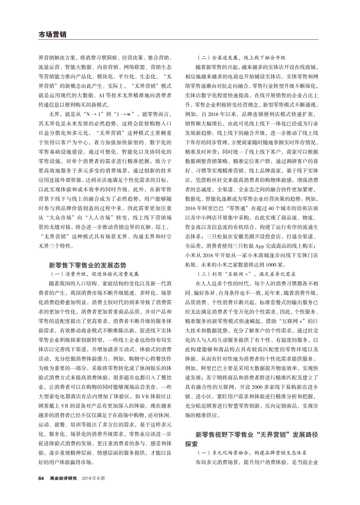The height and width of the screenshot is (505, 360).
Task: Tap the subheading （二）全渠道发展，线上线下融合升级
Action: click(242, 57)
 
